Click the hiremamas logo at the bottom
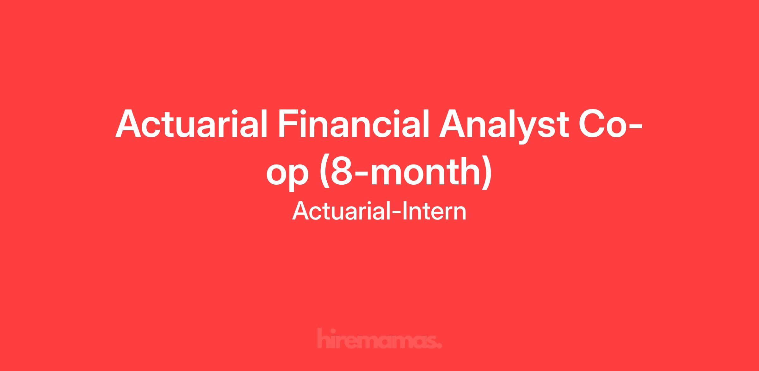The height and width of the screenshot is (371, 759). [x=379, y=339]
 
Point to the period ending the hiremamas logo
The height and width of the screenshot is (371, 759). [x=439, y=345]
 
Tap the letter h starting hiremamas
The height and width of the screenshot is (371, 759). [x=323, y=339]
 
